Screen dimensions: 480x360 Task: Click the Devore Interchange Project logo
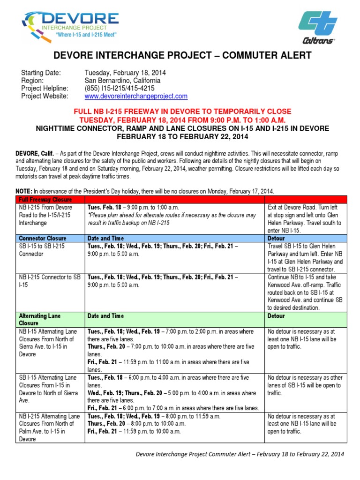[x=70, y=26]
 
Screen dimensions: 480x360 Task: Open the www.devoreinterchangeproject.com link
[x=136, y=96]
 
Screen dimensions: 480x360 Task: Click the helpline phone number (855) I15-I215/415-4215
[x=120, y=88]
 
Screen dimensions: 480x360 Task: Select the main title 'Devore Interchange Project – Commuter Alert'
[x=183, y=55]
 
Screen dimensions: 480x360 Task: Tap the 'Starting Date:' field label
[x=41, y=73]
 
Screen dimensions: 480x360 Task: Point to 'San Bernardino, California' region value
[x=122, y=81]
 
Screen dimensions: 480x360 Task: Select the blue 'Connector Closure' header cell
[x=43, y=238]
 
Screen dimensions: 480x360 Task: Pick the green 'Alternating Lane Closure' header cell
[x=40, y=320]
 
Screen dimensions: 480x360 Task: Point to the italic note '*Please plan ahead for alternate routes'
[x=172, y=219]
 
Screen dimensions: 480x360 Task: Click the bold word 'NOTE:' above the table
[x=24, y=191]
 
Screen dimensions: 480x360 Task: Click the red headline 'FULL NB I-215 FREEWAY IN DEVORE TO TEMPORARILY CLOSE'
[x=183, y=112]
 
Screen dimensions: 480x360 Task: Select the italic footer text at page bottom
[x=240, y=454]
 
